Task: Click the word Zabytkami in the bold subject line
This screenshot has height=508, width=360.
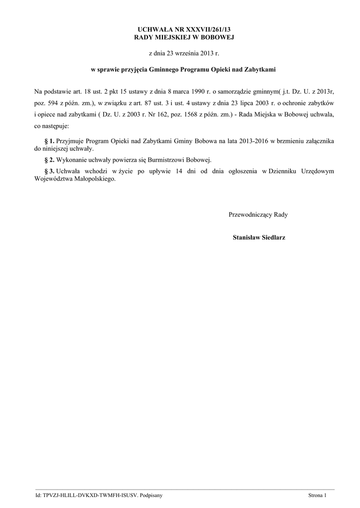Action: [260, 70]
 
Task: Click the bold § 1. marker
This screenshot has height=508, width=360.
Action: [49, 141]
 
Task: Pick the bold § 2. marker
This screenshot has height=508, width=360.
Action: [49, 160]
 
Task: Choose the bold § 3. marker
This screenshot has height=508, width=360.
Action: [49, 171]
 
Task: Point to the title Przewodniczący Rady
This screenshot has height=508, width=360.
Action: [258, 215]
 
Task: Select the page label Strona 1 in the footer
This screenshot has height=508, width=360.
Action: [317, 496]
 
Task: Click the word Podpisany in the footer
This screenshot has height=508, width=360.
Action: [150, 496]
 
